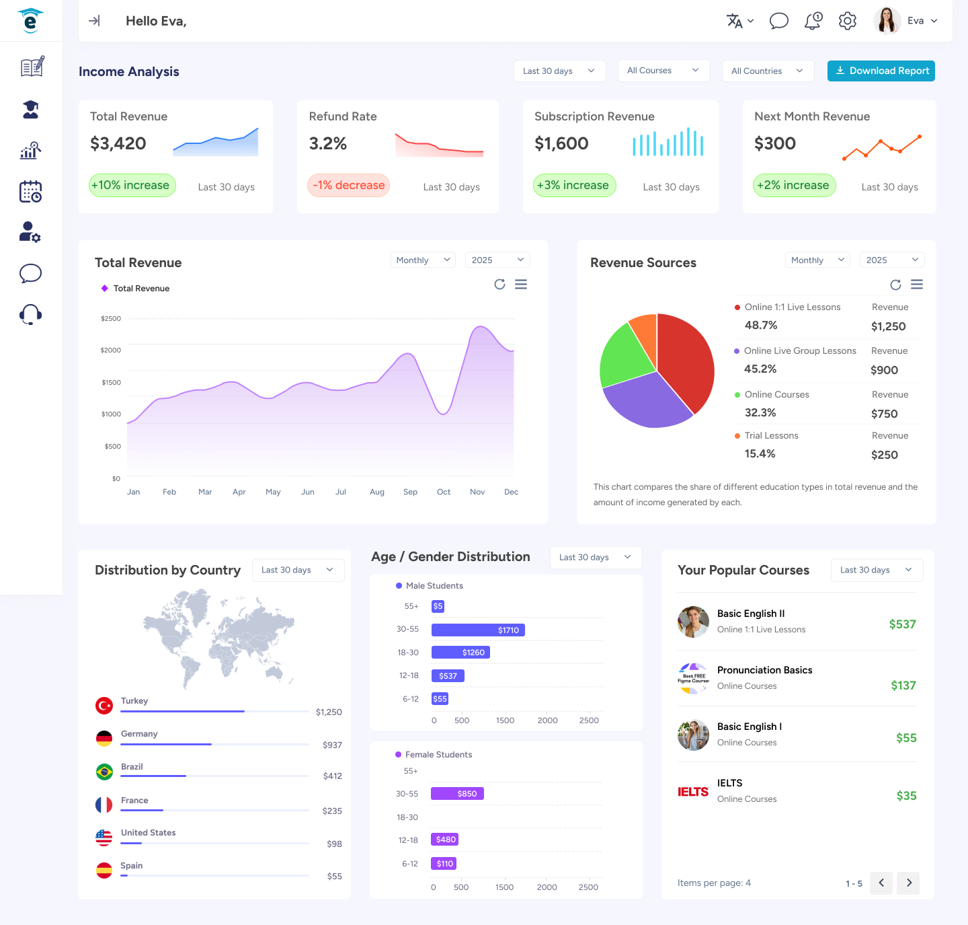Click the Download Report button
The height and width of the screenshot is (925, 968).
881,71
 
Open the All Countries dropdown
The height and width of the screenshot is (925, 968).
768,71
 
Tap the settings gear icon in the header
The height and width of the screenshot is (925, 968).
847,21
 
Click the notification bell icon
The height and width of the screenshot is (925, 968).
813,21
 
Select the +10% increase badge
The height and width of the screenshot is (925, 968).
132,185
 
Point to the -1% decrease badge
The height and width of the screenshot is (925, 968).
348,185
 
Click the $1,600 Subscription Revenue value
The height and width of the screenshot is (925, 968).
561,143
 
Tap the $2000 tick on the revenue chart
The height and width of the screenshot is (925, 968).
111,350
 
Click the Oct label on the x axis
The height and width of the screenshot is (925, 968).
444,492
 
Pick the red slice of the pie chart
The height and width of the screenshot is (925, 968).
686,357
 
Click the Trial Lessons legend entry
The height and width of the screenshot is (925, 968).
771,435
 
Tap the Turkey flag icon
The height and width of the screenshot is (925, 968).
104,705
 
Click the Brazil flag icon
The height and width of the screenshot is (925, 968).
104,772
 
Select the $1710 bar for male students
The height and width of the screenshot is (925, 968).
478,630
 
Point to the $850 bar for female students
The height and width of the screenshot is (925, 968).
457,794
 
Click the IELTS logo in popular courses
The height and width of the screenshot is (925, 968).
693,792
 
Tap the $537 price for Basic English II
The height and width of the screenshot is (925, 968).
902,624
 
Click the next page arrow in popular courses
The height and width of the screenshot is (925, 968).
909,883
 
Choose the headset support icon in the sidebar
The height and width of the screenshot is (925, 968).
31,314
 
